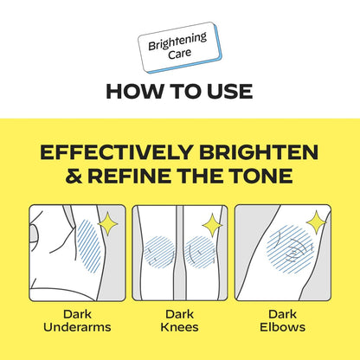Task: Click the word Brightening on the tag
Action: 177,42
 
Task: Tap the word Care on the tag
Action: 180,54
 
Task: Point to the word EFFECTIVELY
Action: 117,152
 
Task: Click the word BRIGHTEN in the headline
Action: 259,152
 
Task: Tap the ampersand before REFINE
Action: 74,176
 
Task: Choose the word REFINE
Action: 129,176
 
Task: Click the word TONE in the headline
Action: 259,176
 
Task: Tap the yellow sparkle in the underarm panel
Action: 108,223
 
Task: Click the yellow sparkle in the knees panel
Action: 212,225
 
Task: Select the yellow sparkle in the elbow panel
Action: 316,222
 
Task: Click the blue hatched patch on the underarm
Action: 89,246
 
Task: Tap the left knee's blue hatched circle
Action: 159,251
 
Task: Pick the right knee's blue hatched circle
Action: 200,252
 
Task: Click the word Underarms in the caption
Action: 77,327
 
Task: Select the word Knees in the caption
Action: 179,327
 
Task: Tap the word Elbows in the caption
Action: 282,327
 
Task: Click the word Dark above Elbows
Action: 282,314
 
